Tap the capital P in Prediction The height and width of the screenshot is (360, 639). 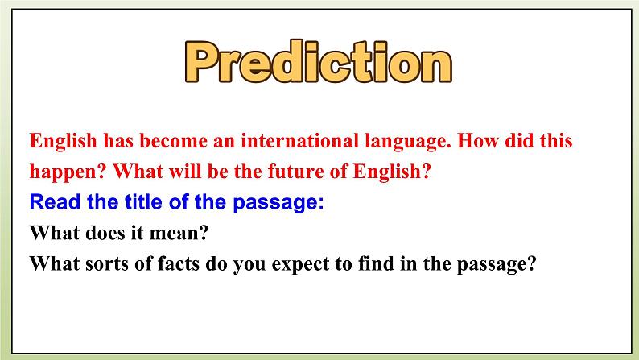(203, 63)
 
